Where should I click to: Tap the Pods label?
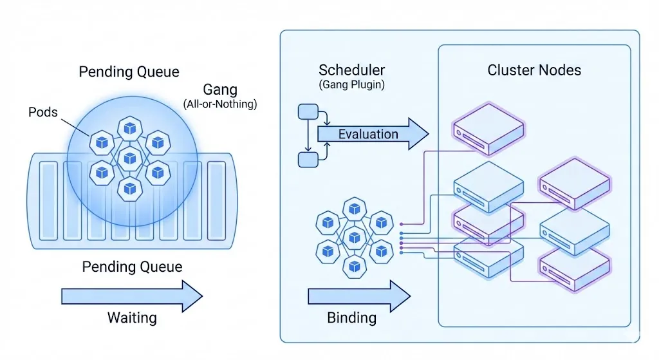pos(43,112)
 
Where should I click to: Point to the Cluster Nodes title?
pos(534,70)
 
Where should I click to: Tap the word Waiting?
pos(131,317)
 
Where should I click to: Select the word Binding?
pos(352,317)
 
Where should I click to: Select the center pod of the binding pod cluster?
pos(354,237)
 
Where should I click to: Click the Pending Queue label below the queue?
pos(132,267)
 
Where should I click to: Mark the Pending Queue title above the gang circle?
pos(129,71)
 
